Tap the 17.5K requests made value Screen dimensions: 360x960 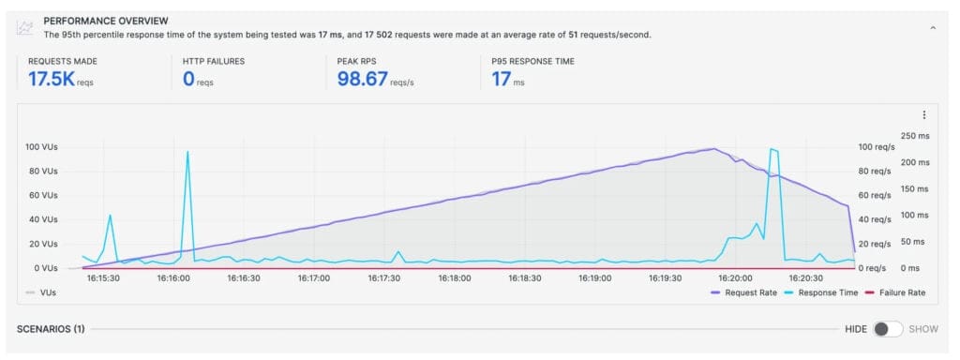(51, 80)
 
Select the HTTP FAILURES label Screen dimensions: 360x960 (215, 62)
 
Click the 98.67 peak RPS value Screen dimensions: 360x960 (362, 80)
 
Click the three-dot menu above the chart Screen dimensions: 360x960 (924, 115)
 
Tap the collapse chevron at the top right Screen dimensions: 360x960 (932, 29)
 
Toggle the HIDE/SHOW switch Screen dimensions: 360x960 (887, 329)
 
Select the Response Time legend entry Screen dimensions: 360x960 (815, 292)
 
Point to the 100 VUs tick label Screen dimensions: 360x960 (42, 148)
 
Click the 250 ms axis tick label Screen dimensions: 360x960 (915, 137)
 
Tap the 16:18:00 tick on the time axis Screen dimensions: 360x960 (454, 278)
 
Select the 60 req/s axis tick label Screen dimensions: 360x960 (876, 196)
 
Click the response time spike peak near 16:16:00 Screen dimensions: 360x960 (187, 152)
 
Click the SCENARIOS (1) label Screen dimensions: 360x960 (52, 329)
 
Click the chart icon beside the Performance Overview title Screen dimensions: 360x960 (25, 27)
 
